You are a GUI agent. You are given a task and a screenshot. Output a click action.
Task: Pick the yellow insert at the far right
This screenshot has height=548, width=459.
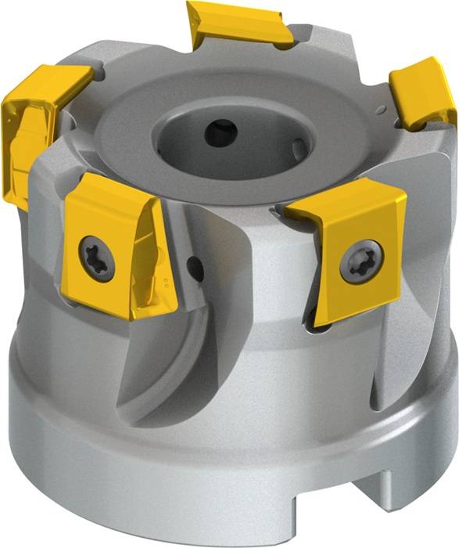422,93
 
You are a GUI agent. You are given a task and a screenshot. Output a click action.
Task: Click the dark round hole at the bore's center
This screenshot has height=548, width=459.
220,132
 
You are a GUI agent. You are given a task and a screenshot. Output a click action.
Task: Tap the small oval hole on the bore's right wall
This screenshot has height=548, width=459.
299,146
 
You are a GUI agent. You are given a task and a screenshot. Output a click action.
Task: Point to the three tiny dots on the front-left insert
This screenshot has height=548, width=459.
166,279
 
